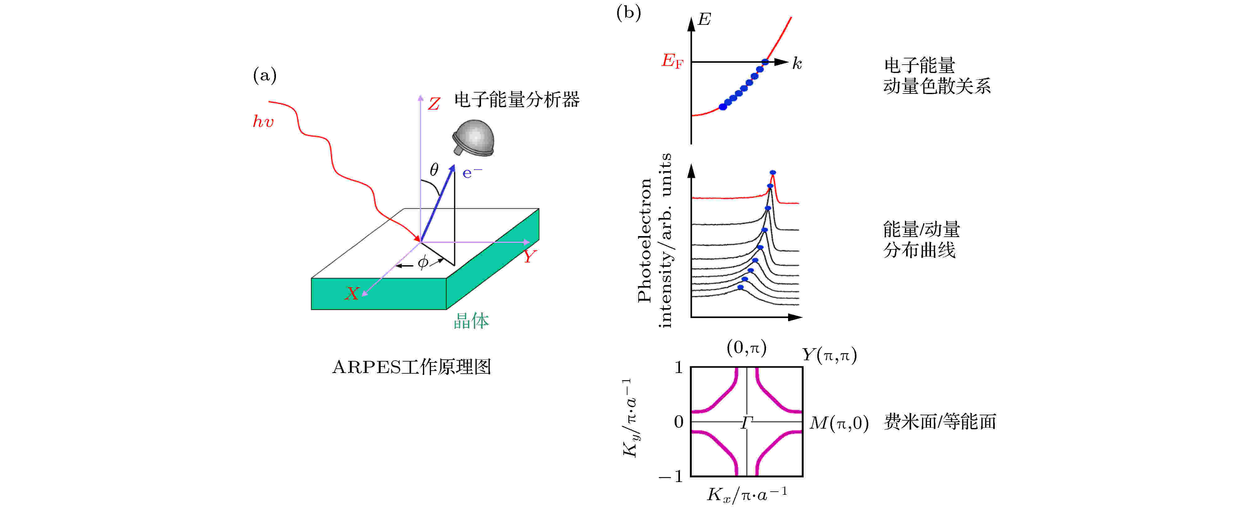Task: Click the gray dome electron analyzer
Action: [473, 138]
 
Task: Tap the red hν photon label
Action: [264, 121]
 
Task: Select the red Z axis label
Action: [434, 104]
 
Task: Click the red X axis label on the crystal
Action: [352, 293]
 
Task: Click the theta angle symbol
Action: [434, 170]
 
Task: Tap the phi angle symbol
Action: [423, 262]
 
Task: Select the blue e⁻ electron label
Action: [472, 172]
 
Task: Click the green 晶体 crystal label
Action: [471, 321]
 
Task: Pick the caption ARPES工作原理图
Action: [412, 367]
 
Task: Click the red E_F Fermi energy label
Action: [672, 61]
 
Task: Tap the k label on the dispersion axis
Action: [797, 63]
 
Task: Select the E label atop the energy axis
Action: [704, 19]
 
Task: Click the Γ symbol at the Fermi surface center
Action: [746, 423]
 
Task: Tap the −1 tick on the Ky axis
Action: [671, 476]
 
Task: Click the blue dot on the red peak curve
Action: [773, 172]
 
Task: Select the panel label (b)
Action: [628, 13]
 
